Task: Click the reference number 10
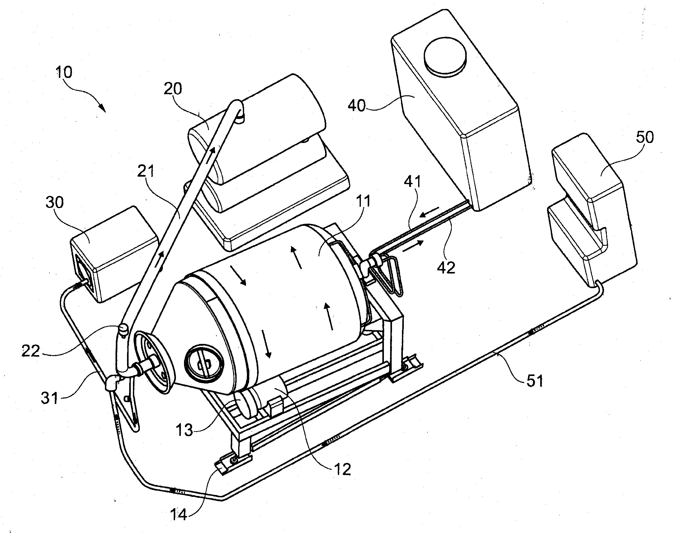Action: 64,72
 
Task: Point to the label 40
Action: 357,106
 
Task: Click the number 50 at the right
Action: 644,137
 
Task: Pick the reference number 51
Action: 535,381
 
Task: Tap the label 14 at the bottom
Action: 179,514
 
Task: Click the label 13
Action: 184,430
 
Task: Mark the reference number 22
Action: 31,351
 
